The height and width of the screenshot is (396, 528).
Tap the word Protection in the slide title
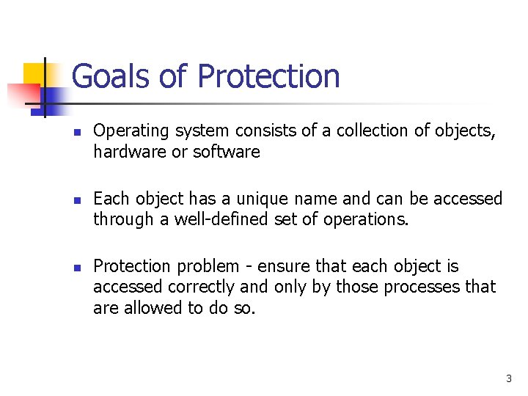point(268,76)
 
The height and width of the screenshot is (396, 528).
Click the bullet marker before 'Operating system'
point(76,132)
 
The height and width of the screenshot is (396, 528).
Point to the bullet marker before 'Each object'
point(76,199)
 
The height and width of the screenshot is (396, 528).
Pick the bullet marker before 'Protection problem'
point(76,267)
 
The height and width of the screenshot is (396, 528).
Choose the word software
point(227,152)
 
